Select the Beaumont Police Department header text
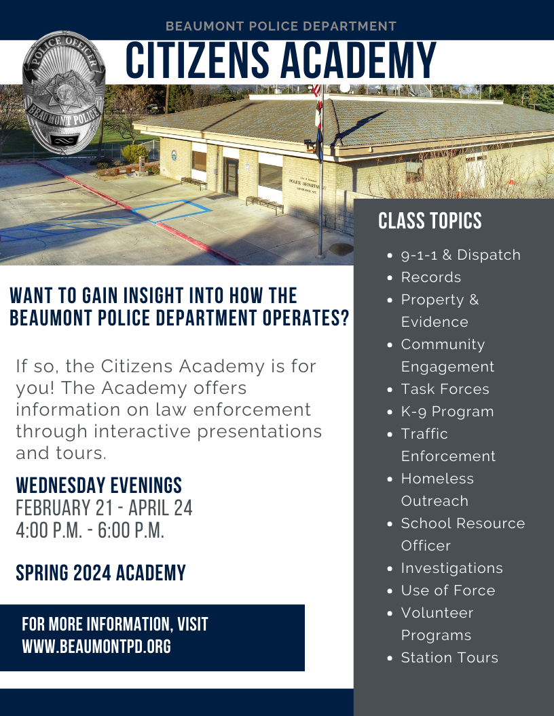[281, 26]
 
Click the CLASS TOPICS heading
[430, 221]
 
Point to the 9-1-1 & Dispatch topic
[460, 255]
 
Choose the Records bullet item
[430, 277]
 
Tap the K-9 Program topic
[447, 412]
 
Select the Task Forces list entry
[445, 389]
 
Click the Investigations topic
[451, 568]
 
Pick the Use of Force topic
[447, 591]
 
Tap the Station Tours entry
[449, 658]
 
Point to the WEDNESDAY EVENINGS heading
[99, 485]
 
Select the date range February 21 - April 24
[104, 508]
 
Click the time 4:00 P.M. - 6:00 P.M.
[90, 530]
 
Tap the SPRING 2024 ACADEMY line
[100, 574]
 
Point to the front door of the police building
[232, 176]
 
